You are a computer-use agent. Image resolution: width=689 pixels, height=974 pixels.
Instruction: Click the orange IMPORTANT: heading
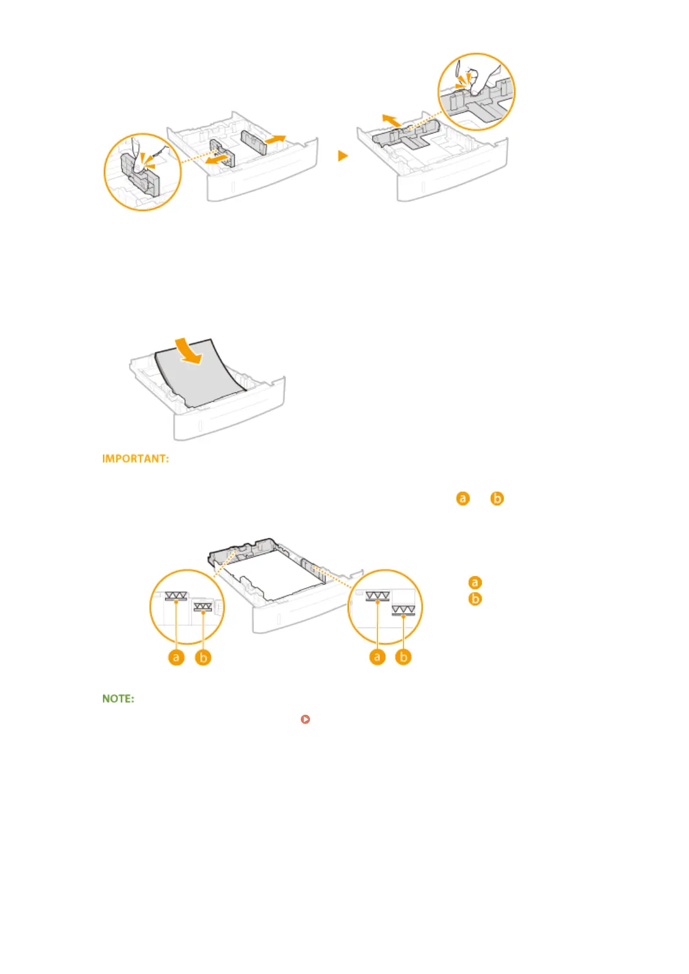[x=135, y=459]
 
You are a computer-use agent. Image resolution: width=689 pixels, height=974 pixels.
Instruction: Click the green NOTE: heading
[x=118, y=699]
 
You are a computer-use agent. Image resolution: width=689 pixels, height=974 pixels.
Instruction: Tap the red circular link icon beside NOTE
[x=305, y=719]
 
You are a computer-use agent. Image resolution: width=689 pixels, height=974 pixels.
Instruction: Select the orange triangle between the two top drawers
[x=343, y=156]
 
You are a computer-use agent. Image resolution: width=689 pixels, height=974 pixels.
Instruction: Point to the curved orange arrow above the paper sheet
[x=190, y=352]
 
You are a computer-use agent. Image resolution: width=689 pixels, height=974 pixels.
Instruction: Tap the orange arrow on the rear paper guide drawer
[x=391, y=120]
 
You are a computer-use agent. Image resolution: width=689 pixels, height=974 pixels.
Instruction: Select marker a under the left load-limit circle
[x=176, y=657]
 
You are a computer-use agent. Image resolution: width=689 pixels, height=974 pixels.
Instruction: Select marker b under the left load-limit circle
[x=203, y=657]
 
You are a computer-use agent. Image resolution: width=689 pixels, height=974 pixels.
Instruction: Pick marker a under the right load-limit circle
[x=377, y=657]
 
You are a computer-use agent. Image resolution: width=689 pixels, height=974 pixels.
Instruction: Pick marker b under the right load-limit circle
[x=403, y=657]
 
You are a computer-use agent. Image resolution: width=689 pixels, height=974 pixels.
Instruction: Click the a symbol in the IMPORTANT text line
[x=463, y=498]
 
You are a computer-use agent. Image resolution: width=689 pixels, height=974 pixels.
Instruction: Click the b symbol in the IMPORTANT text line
[x=497, y=498]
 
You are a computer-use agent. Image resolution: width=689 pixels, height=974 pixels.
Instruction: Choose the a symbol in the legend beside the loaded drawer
[x=475, y=582]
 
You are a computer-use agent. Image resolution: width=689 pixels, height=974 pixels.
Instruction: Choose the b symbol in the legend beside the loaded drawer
[x=475, y=599]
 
